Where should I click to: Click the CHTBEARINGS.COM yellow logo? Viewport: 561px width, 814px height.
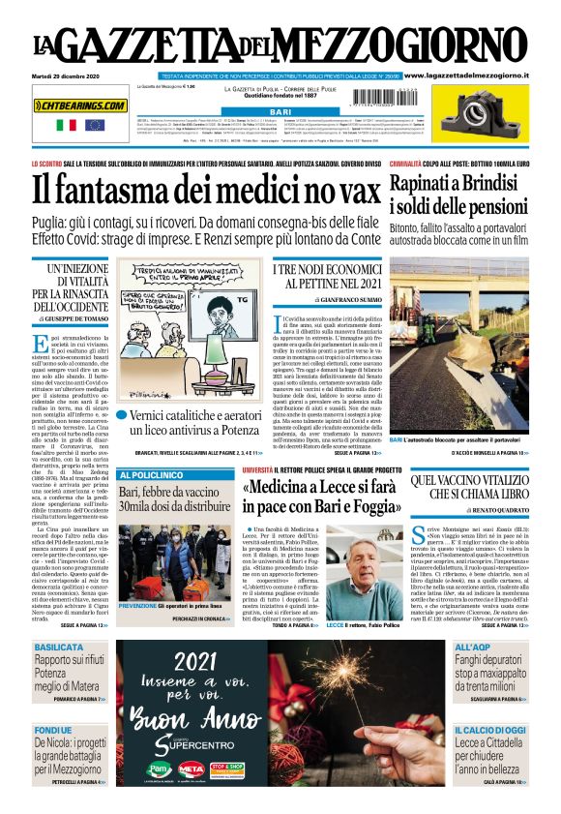pos(80,105)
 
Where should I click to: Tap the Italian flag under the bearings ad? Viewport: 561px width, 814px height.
pos(67,125)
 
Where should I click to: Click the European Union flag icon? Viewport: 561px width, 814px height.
pos(94,125)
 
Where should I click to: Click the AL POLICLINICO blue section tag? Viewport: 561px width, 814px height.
pos(150,475)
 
